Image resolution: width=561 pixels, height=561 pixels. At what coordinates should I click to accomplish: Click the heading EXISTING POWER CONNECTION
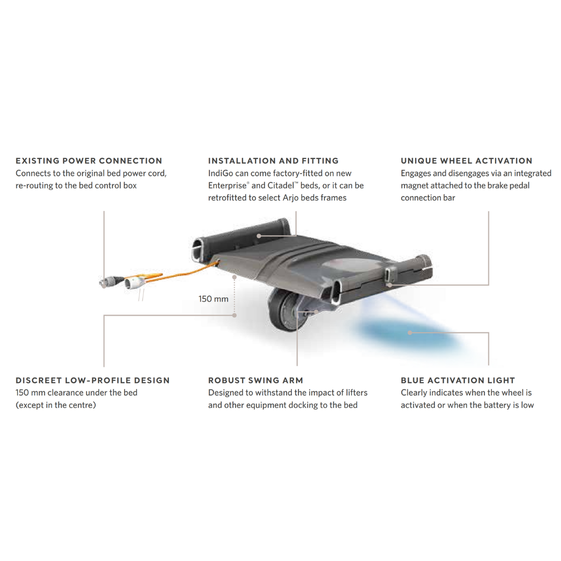tap(89, 161)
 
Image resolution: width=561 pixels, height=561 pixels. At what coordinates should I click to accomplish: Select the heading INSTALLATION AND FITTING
tap(273, 161)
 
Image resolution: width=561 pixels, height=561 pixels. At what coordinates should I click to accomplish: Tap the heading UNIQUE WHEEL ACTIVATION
tap(466, 161)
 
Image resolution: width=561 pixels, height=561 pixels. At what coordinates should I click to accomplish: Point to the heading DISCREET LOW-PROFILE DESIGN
tap(92, 380)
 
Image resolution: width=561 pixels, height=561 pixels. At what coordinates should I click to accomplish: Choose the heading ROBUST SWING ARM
tap(256, 380)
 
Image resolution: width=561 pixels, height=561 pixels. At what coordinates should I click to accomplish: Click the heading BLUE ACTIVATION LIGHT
tap(458, 380)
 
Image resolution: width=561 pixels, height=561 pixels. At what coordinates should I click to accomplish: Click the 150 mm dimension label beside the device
tap(213, 299)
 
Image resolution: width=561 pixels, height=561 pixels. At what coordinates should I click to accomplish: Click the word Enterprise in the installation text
tap(228, 185)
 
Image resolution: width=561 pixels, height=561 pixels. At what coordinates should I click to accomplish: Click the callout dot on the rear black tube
tap(259, 236)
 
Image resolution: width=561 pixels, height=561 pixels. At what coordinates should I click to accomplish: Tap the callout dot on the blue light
tap(410, 333)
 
